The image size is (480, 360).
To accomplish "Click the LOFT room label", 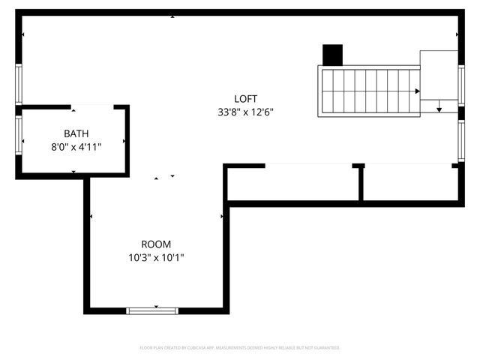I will [245, 98].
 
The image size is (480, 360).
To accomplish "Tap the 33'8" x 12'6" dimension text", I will [245, 112].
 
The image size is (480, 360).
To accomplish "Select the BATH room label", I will [75, 133].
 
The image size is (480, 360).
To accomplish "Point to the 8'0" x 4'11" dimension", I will [75, 147].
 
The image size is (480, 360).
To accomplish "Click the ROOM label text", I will [156, 244].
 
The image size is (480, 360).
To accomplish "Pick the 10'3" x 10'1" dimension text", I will [156, 258].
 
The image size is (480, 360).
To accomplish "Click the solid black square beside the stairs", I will [332, 55].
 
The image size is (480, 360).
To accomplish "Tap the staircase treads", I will [367, 91].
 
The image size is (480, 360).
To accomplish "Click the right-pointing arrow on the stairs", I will [416, 91].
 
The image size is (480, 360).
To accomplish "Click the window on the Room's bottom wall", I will [153, 310].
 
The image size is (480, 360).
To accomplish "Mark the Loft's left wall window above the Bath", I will [19, 83].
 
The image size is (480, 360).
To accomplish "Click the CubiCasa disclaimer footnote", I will [240, 348].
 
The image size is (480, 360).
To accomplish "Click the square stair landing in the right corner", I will [439, 75].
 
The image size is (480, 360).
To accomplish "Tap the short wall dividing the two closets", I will [359, 182].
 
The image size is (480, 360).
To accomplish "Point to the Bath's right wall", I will [127, 139].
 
